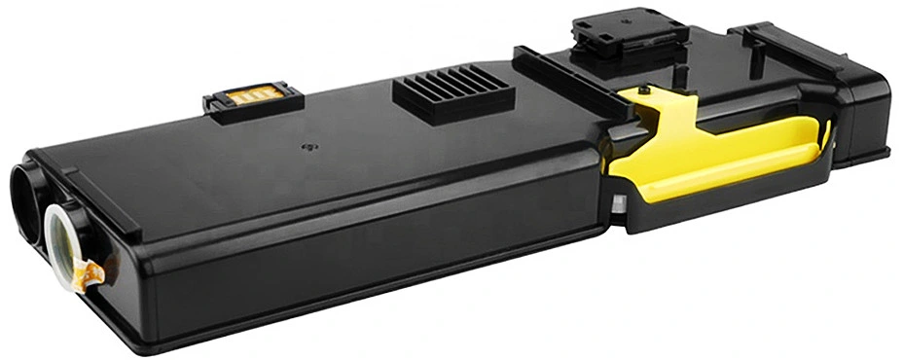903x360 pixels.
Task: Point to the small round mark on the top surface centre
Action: pyautogui.click(x=310, y=148)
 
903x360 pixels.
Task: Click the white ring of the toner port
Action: pyautogui.click(x=67, y=234)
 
